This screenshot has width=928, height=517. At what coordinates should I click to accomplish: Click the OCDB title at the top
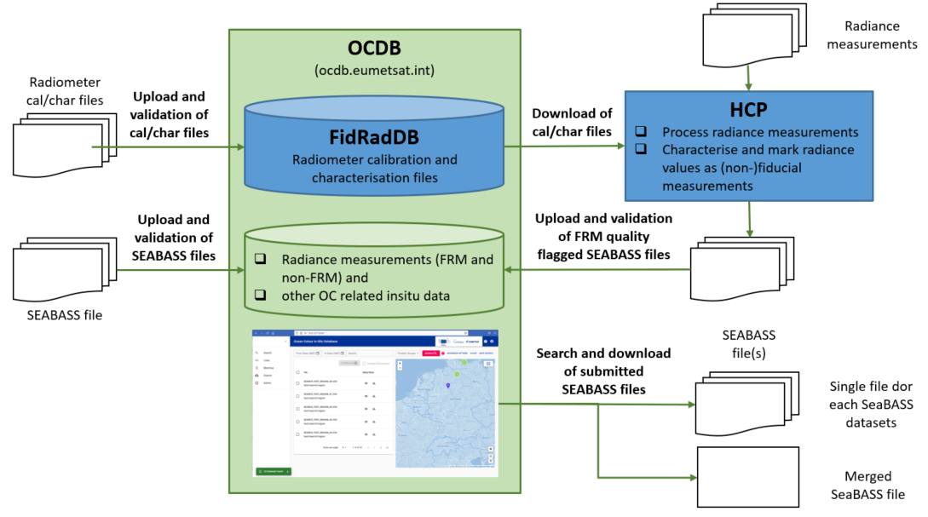coord(374,49)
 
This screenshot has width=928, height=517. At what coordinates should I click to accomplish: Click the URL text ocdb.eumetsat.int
coord(374,69)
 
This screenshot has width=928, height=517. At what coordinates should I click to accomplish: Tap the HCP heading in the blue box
coord(749,111)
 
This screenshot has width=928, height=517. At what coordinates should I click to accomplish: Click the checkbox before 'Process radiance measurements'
coord(641,132)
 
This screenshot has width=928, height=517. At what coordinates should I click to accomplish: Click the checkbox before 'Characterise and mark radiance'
coord(641,151)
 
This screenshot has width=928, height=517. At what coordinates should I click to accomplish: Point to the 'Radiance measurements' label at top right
coord(872,36)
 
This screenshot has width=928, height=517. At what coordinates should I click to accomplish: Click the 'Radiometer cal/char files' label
coord(65,91)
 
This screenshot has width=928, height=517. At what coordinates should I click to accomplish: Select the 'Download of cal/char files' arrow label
coord(572,122)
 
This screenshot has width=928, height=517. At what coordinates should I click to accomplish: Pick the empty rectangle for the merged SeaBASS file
coord(748,476)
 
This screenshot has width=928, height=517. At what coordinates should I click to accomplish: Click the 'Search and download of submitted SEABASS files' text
coord(602,371)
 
